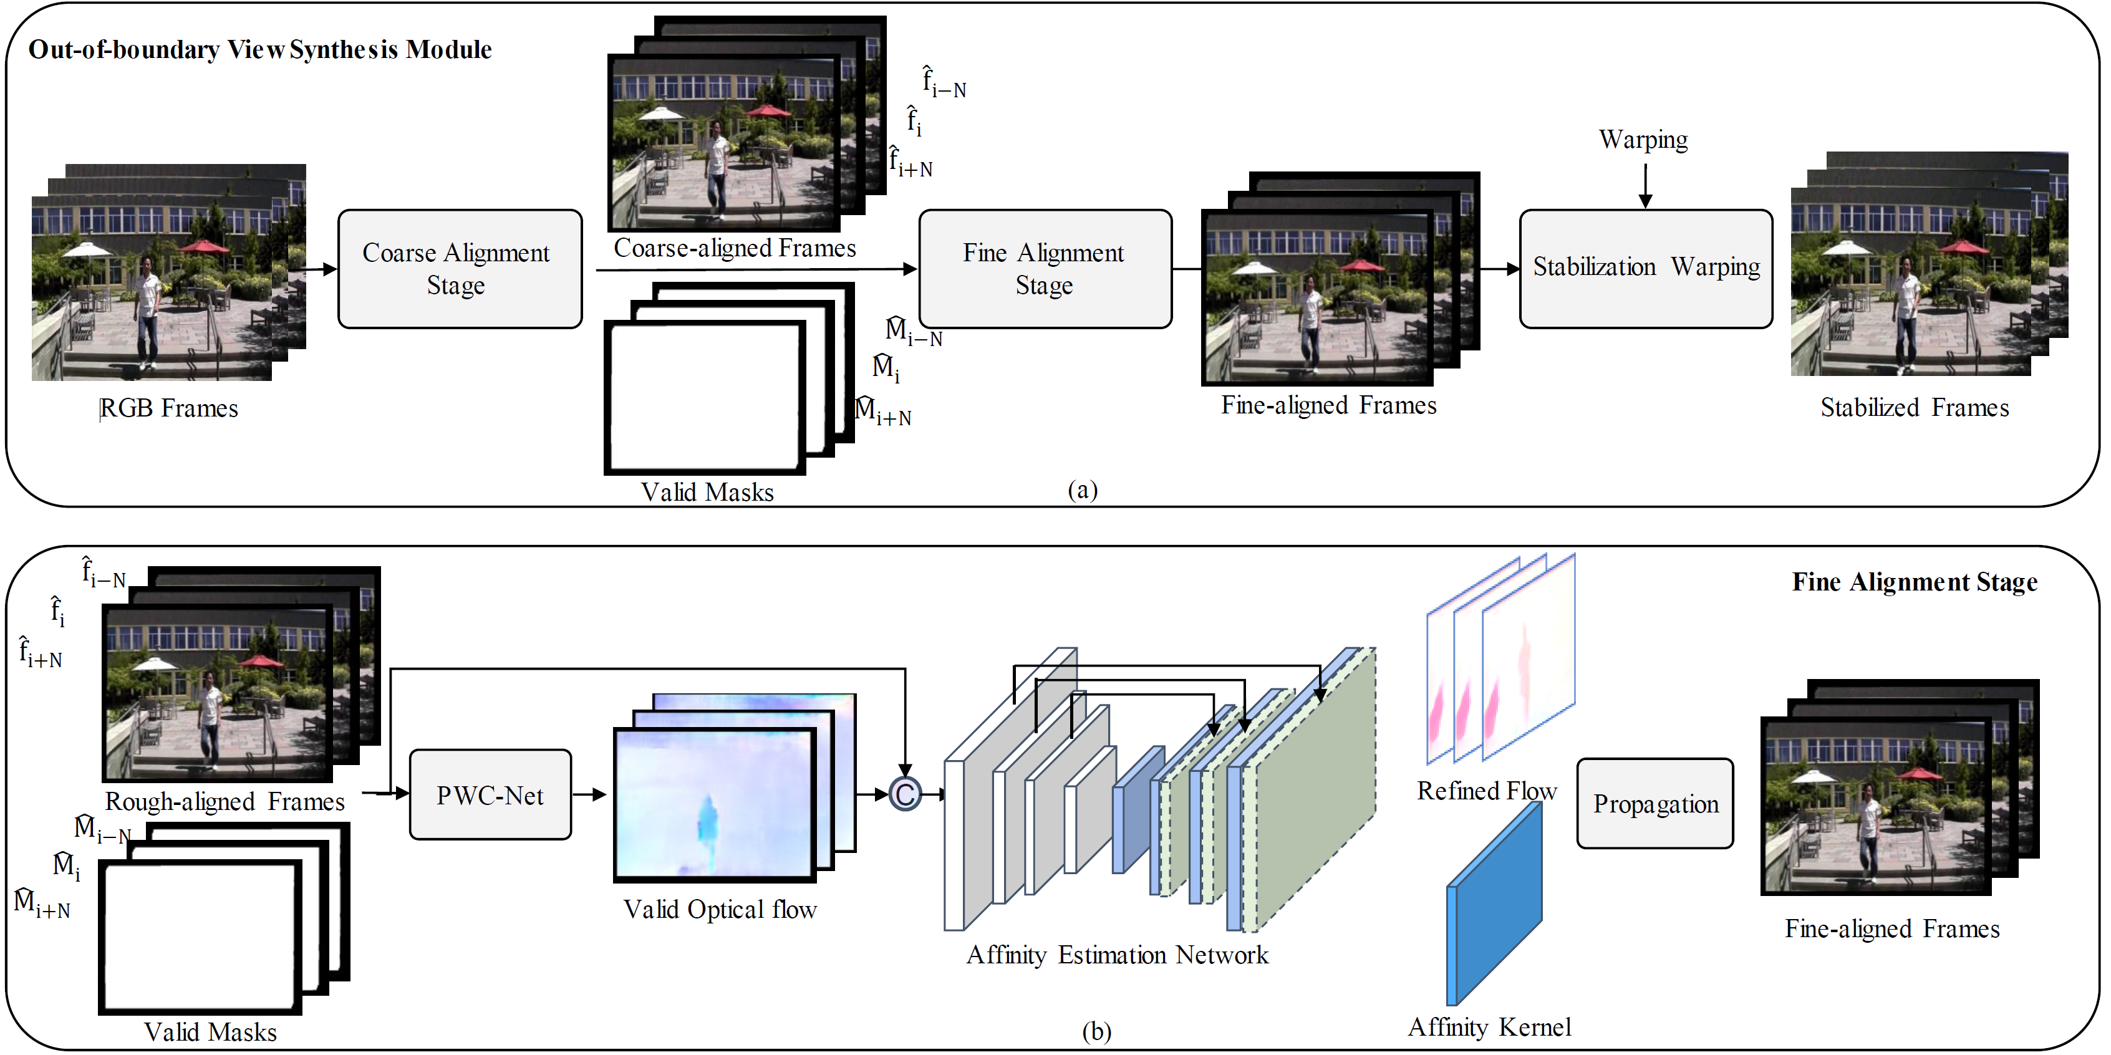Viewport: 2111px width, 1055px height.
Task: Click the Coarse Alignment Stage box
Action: pos(460,269)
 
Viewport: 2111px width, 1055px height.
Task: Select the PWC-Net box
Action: pos(490,794)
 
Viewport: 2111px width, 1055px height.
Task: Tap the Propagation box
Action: pos(1655,804)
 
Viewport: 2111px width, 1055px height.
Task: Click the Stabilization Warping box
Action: pos(1646,269)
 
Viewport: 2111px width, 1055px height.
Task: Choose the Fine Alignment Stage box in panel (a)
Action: pos(1044,269)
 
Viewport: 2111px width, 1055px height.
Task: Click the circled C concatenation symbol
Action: pos(905,794)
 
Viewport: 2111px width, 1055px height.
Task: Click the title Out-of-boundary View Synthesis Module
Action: pos(260,50)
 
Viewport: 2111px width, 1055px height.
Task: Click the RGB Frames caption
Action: pos(169,408)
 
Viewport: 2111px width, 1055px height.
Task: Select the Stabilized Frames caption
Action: pos(1915,407)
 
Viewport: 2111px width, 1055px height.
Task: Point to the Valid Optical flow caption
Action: pos(720,909)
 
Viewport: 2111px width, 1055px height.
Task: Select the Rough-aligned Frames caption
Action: pos(225,801)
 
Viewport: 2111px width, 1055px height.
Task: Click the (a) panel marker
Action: pos(1083,490)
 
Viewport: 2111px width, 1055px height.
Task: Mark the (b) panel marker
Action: pos(1096,1031)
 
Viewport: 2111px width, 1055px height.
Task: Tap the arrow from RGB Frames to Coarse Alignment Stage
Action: pos(319,269)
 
